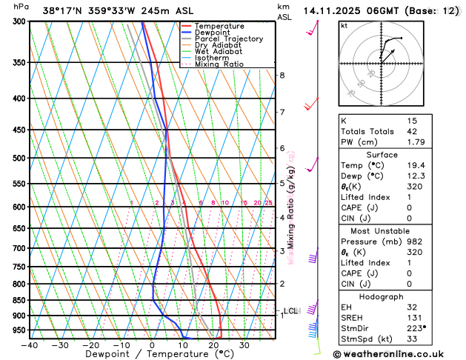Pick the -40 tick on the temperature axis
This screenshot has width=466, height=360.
point(30,345)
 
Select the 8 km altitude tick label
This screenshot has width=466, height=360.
point(282,76)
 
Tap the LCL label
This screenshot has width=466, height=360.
point(290,311)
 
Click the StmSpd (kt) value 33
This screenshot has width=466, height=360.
point(412,340)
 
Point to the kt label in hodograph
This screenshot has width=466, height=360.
point(344,25)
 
